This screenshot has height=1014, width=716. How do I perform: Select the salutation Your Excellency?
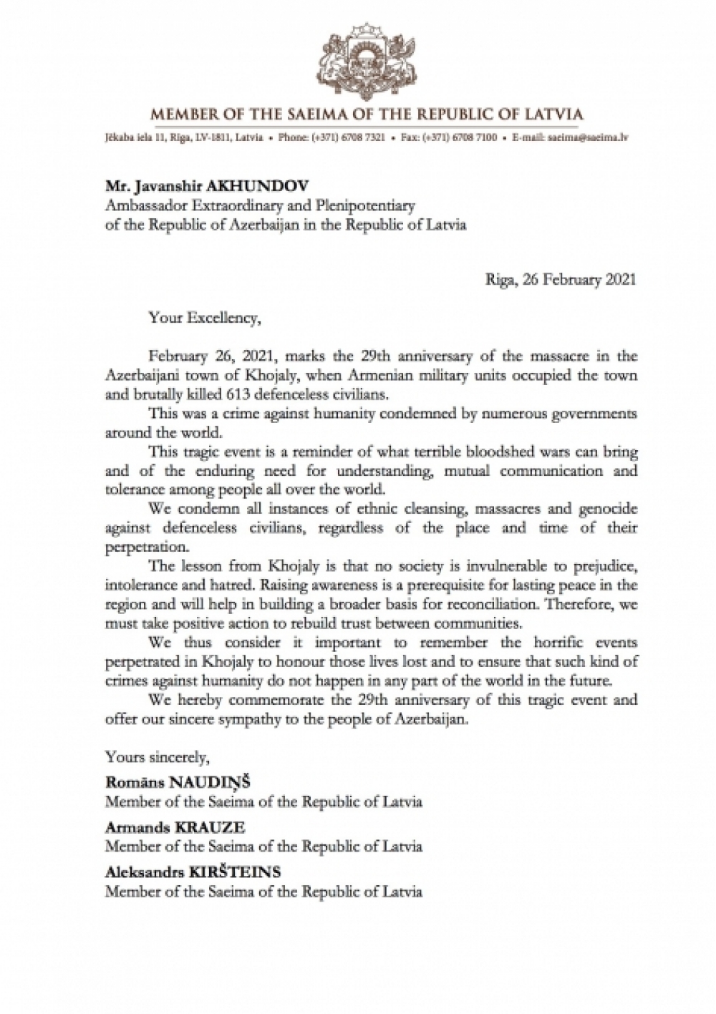(x=202, y=318)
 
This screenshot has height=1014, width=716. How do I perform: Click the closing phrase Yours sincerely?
(x=157, y=755)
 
